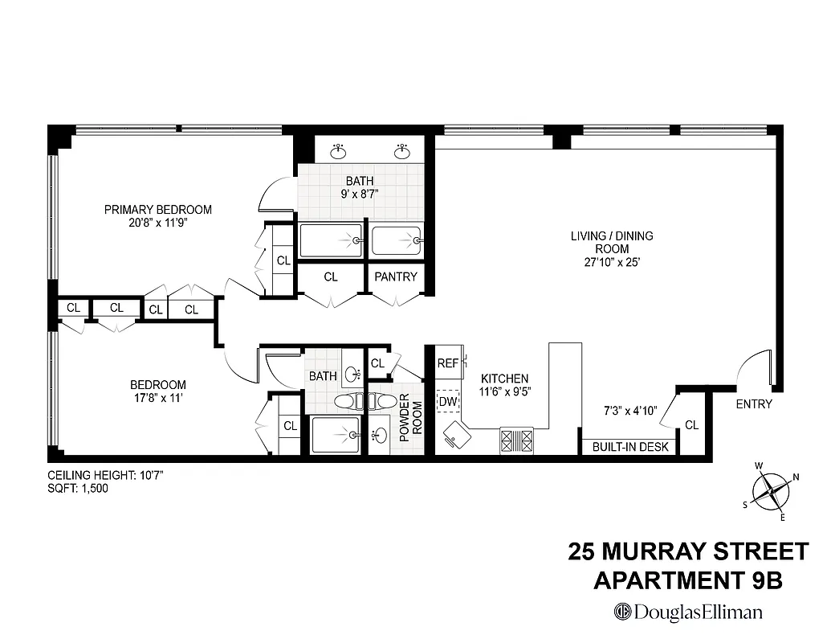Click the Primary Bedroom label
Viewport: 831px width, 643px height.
tap(158, 210)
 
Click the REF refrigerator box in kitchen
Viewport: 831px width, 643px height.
tap(448, 363)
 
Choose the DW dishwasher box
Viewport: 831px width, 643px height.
tap(447, 400)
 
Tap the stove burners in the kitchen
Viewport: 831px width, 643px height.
tap(517, 440)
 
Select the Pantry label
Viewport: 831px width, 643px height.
tap(397, 276)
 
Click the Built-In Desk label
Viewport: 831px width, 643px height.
tap(629, 447)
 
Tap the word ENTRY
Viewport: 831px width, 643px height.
tap(754, 404)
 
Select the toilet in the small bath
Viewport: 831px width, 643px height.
tap(348, 401)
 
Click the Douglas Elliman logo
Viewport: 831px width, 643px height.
tap(688, 612)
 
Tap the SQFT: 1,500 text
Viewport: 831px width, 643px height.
tap(78, 488)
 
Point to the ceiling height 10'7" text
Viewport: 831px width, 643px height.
tap(105, 475)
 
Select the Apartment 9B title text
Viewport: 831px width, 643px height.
tap(687, 580)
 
